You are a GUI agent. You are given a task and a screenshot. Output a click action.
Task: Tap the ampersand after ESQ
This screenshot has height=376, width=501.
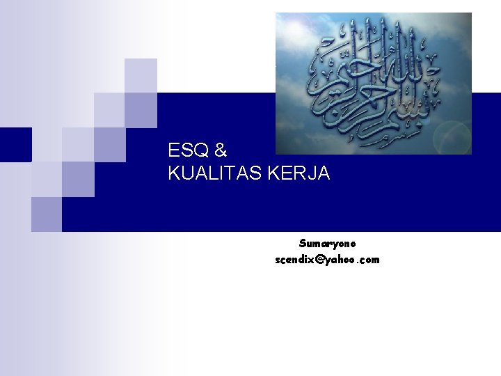click(221, 150)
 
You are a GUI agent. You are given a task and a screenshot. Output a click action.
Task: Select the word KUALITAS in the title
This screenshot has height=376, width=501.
click(211, 173)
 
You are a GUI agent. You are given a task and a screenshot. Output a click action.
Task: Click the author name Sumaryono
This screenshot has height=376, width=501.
click(328, 244)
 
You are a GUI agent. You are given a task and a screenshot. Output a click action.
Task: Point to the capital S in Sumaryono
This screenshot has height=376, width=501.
click(303, 244)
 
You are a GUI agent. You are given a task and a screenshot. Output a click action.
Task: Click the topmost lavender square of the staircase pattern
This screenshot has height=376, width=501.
click(141, 75)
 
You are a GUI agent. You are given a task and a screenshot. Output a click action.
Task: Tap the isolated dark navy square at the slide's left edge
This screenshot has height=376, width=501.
click(15, 144)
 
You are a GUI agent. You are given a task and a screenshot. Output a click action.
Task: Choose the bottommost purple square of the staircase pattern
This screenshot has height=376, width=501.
click(46, 214)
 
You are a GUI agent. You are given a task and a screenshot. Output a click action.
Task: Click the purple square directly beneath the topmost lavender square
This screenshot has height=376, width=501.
click(141, 110)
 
